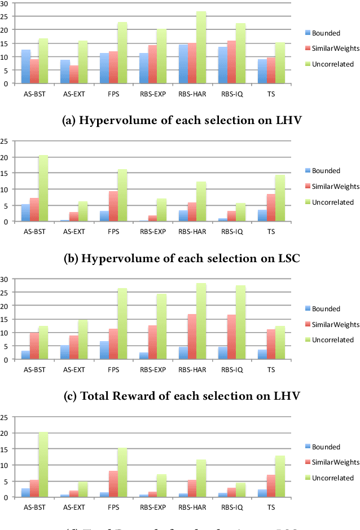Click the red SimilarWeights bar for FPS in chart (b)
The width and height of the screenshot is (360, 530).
pos(113,206)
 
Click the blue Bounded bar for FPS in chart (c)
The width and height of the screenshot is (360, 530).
pos(105,350)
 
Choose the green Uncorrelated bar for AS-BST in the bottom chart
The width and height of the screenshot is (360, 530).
pos(43,465)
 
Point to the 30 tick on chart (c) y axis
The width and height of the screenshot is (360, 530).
pos(5,279)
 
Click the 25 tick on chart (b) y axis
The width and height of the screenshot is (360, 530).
pos(5,141)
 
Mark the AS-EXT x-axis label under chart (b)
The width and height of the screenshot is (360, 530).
pos(73,231)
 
